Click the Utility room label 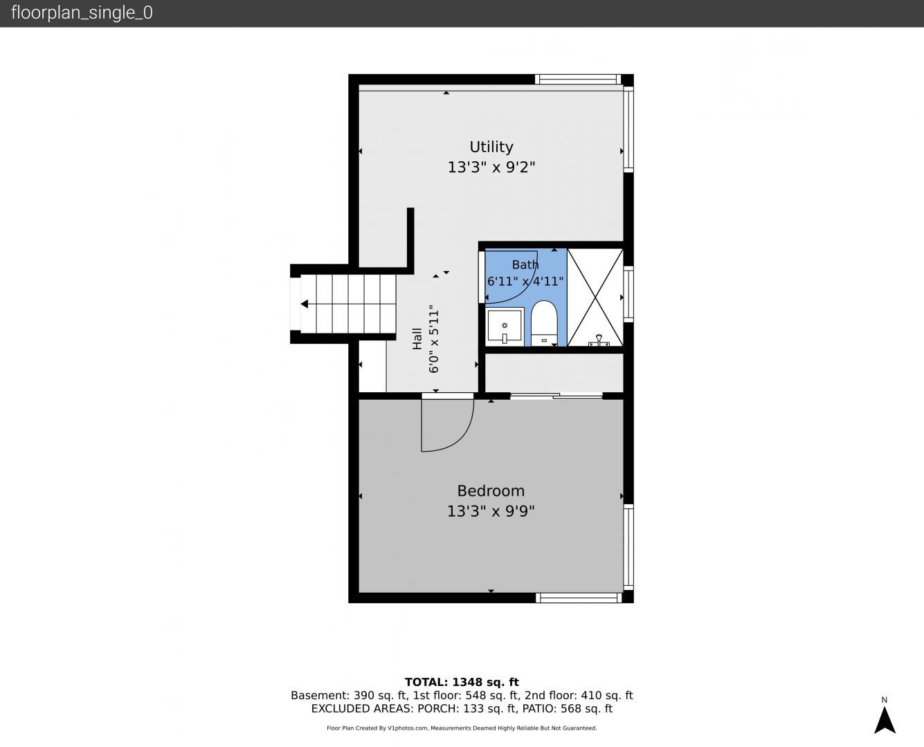[491, 147]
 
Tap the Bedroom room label [491, 491]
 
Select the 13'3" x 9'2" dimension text [491, 167]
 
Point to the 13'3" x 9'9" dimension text [491, 512]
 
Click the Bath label [525, 264]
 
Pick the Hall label [417, 339]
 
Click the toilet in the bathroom [544, 324]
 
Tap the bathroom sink [505, 326]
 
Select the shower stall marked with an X [595, 297]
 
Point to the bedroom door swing [447, 425]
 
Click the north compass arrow [885, 720]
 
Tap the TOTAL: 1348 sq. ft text [462, 683]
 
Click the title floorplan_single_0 [82, 13]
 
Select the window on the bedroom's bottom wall [579, 598]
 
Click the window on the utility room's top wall [578, 80]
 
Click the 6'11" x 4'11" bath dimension [525, 282]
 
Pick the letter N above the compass [884, 700]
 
